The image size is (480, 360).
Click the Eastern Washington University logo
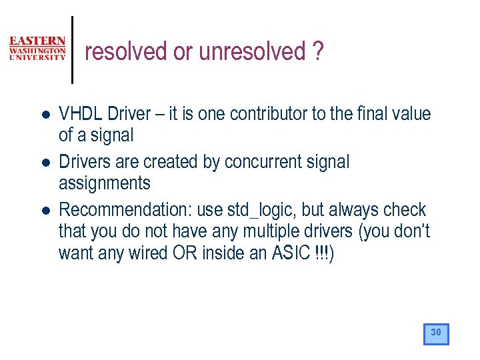37,49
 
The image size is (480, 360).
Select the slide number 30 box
436,333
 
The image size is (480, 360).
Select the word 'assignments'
105,183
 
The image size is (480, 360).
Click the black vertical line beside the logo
72,50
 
